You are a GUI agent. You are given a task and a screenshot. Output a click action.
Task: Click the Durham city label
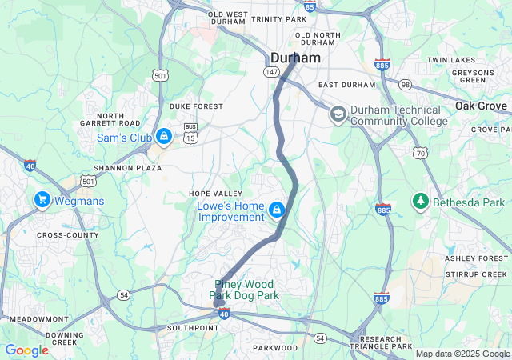pos(295,58)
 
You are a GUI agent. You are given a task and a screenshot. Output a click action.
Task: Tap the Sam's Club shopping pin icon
pos(163,137)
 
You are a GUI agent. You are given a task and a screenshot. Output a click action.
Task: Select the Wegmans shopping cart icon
pos(42,199)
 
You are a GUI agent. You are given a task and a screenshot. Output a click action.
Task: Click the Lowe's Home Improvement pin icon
pos(276,210)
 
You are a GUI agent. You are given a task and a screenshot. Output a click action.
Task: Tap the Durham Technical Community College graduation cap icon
pos(338,114)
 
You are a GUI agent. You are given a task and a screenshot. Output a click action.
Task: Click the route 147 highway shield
pos(272,72)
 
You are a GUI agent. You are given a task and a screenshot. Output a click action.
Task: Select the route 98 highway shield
pos(406,85)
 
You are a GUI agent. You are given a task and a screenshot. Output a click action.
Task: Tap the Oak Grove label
pos(482,106)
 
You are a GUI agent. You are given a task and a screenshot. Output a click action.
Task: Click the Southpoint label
pos(193,328)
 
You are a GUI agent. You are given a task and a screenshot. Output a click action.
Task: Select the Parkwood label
pos(275,348)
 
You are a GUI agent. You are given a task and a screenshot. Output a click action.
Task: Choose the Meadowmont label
pos(34,318)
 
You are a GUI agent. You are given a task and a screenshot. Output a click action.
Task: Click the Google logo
pos(26,350)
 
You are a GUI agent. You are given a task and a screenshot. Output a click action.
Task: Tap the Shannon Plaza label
pos(123,167)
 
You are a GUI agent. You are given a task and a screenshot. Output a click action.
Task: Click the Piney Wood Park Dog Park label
pos(245,290)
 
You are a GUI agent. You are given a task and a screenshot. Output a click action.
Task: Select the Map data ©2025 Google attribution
pos(462,354)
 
